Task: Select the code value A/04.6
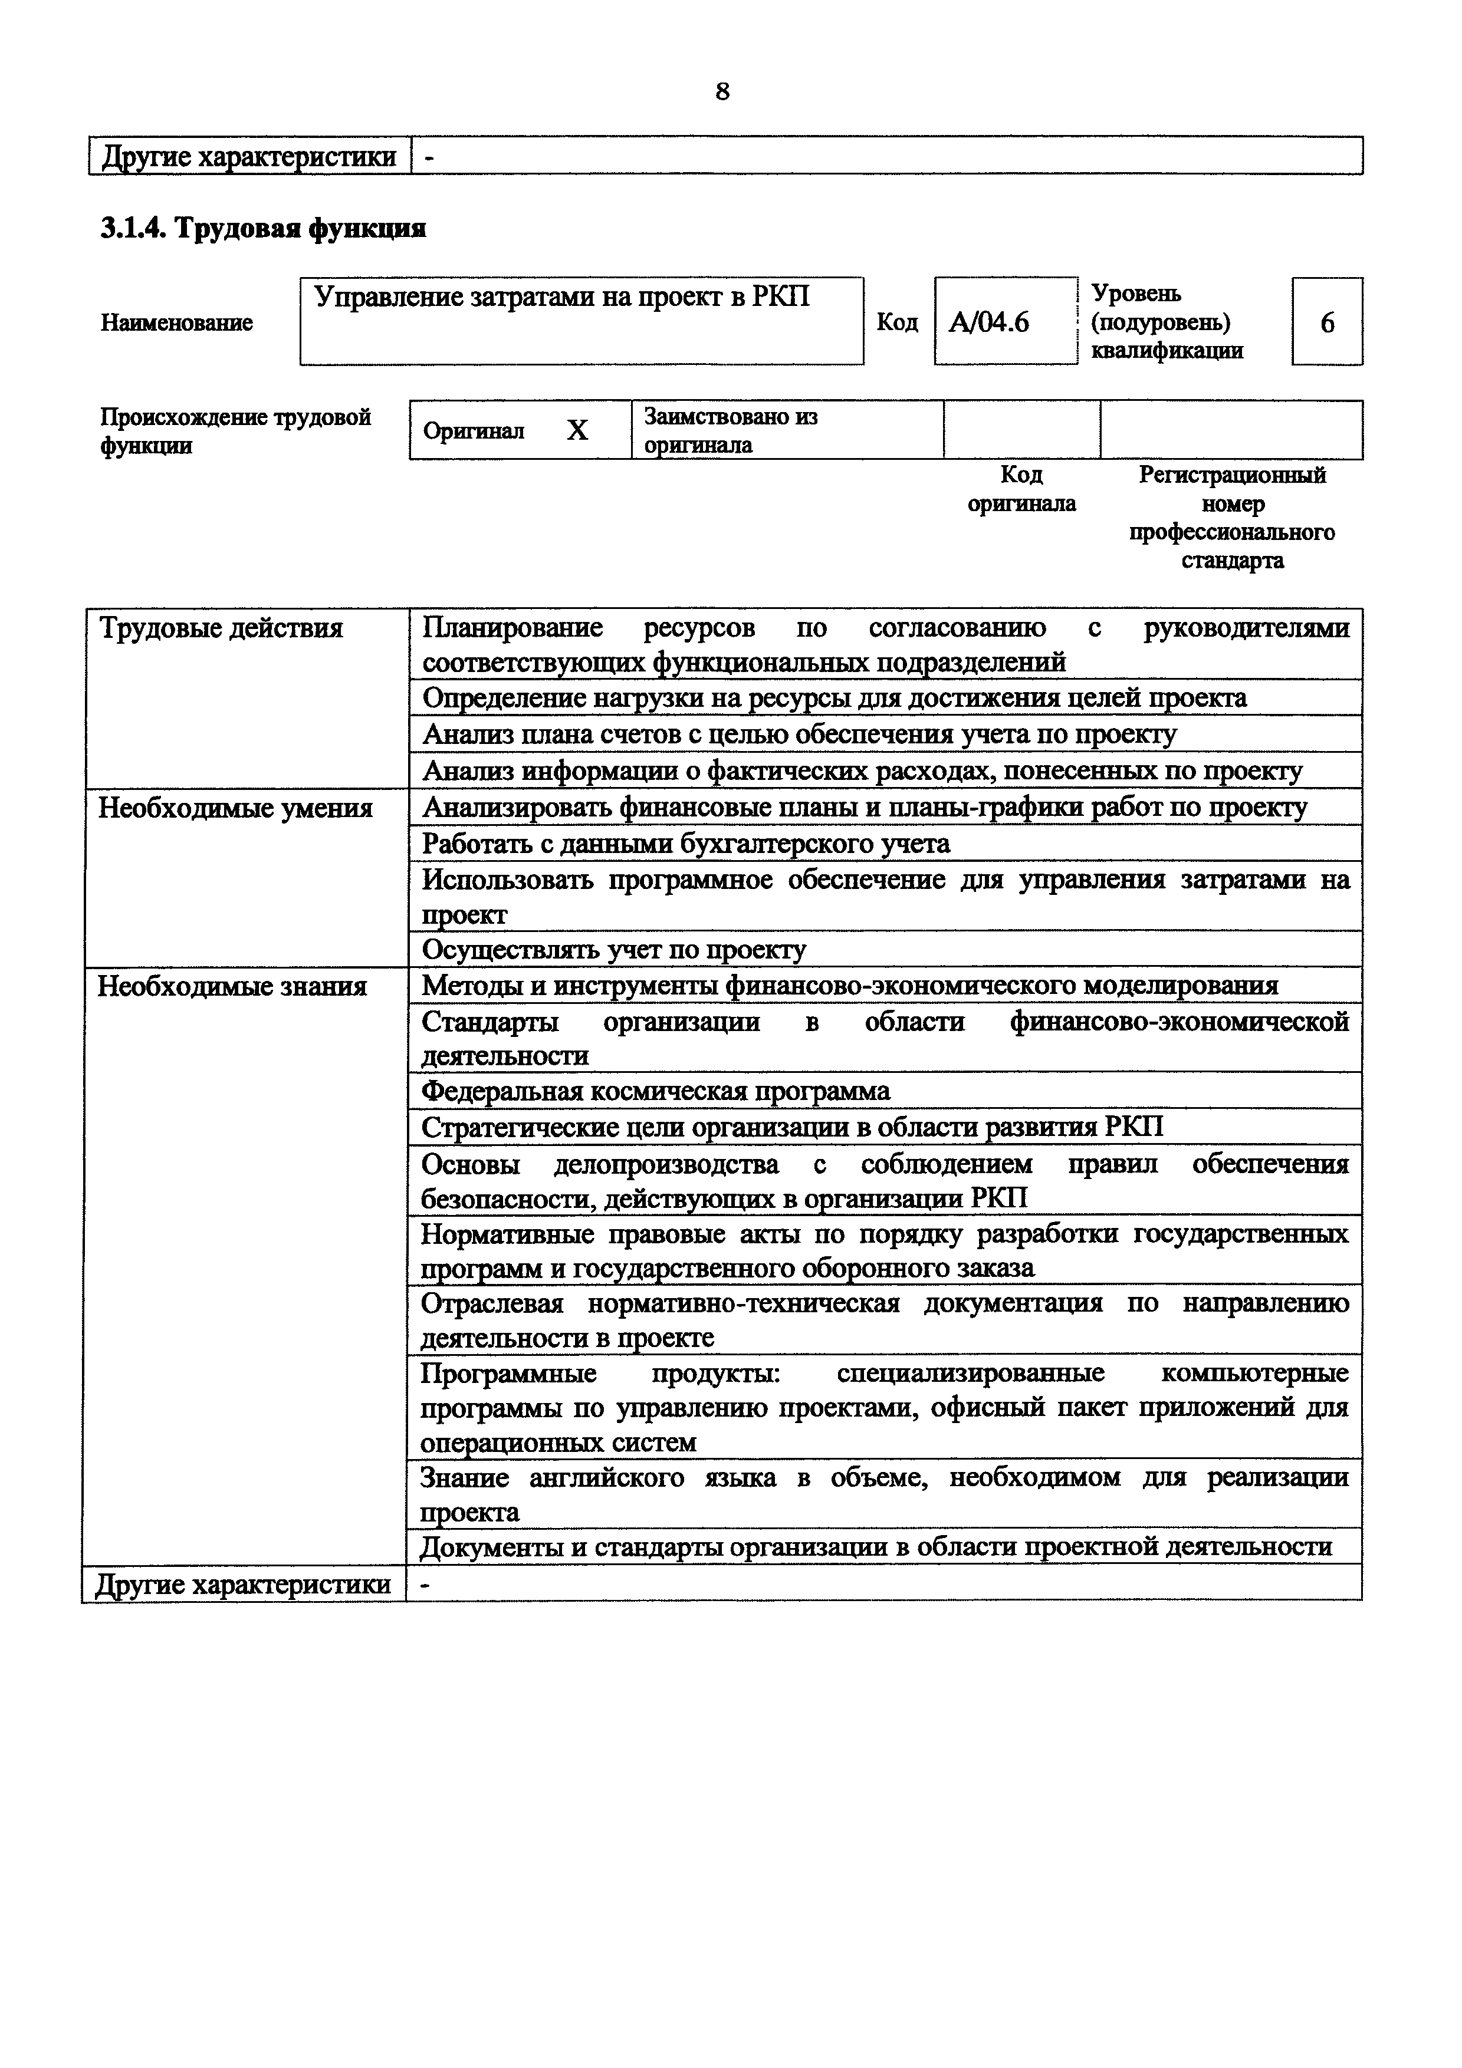(988, 322)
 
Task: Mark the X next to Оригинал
(577, 430)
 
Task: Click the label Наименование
(176, 322)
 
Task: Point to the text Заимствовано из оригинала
(731, 430)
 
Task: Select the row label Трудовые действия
(221, 628)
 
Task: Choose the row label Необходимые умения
(235, 808)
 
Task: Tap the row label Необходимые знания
(232, 986)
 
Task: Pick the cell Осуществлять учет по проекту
(615, 949)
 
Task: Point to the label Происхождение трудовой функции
(235, 430)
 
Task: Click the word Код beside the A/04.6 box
(896, 322)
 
